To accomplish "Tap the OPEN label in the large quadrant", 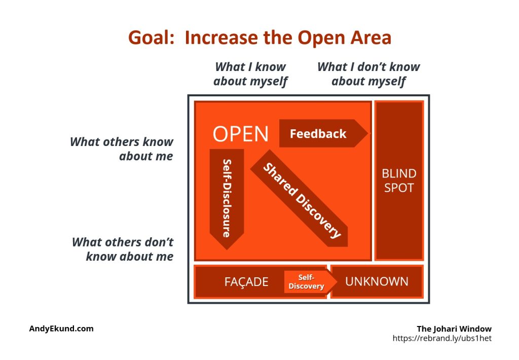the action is pos(240,134).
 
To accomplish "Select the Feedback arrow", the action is pos(323,133).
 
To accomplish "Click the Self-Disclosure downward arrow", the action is pos(227,199).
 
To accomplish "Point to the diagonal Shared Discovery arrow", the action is pos(299,198).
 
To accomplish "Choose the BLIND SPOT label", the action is pos(399,181).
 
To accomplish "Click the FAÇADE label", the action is pos(246,281).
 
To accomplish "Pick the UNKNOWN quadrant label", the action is pos(377,281).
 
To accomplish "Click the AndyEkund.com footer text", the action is pos(61,329).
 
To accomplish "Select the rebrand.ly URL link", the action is pos(442,338).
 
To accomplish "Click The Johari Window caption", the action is pos(454,329).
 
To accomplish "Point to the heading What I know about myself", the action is pos(250,74).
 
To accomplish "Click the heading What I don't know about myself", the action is pos(368,74).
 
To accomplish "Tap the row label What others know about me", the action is pos(122,149).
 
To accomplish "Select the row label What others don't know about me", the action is pos(123,249).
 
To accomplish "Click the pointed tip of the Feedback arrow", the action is pos(367,133).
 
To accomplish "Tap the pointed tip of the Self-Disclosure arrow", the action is pos(227,249).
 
